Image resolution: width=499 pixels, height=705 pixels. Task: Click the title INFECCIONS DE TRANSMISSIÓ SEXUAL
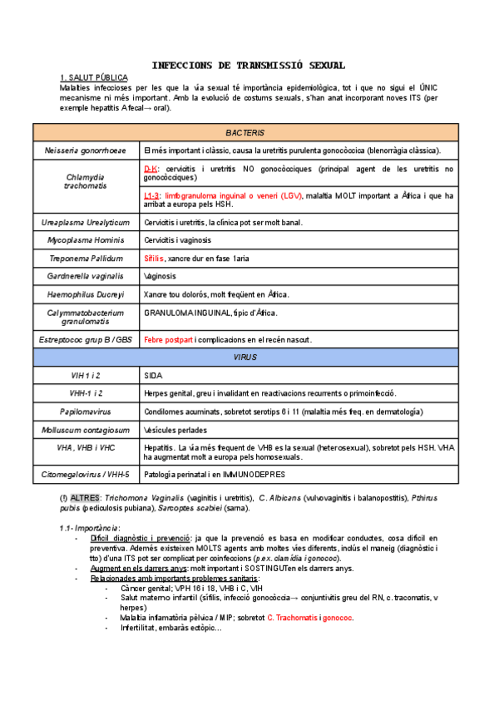tap(249, 65)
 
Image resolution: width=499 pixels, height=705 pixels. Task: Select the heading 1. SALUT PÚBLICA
tap(94, 77)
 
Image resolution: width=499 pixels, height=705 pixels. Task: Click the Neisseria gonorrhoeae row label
tap(86, 150)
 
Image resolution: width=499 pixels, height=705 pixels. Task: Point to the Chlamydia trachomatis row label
tap(86, 181)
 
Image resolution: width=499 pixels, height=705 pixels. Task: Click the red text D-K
tap(151, 169)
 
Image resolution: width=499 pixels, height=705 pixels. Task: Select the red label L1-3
tap(154, 195)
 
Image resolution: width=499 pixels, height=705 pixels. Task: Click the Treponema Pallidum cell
tap(86, 259)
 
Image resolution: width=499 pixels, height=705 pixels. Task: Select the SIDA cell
tap(153, 376)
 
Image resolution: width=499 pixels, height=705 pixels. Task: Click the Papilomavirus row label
tap(86, 412)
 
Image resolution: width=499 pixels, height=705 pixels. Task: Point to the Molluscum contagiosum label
tap(86, 430)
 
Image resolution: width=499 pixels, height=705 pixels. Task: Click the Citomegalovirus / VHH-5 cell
tap(86, 474)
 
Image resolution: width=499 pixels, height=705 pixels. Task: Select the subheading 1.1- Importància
tap(90, 528)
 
